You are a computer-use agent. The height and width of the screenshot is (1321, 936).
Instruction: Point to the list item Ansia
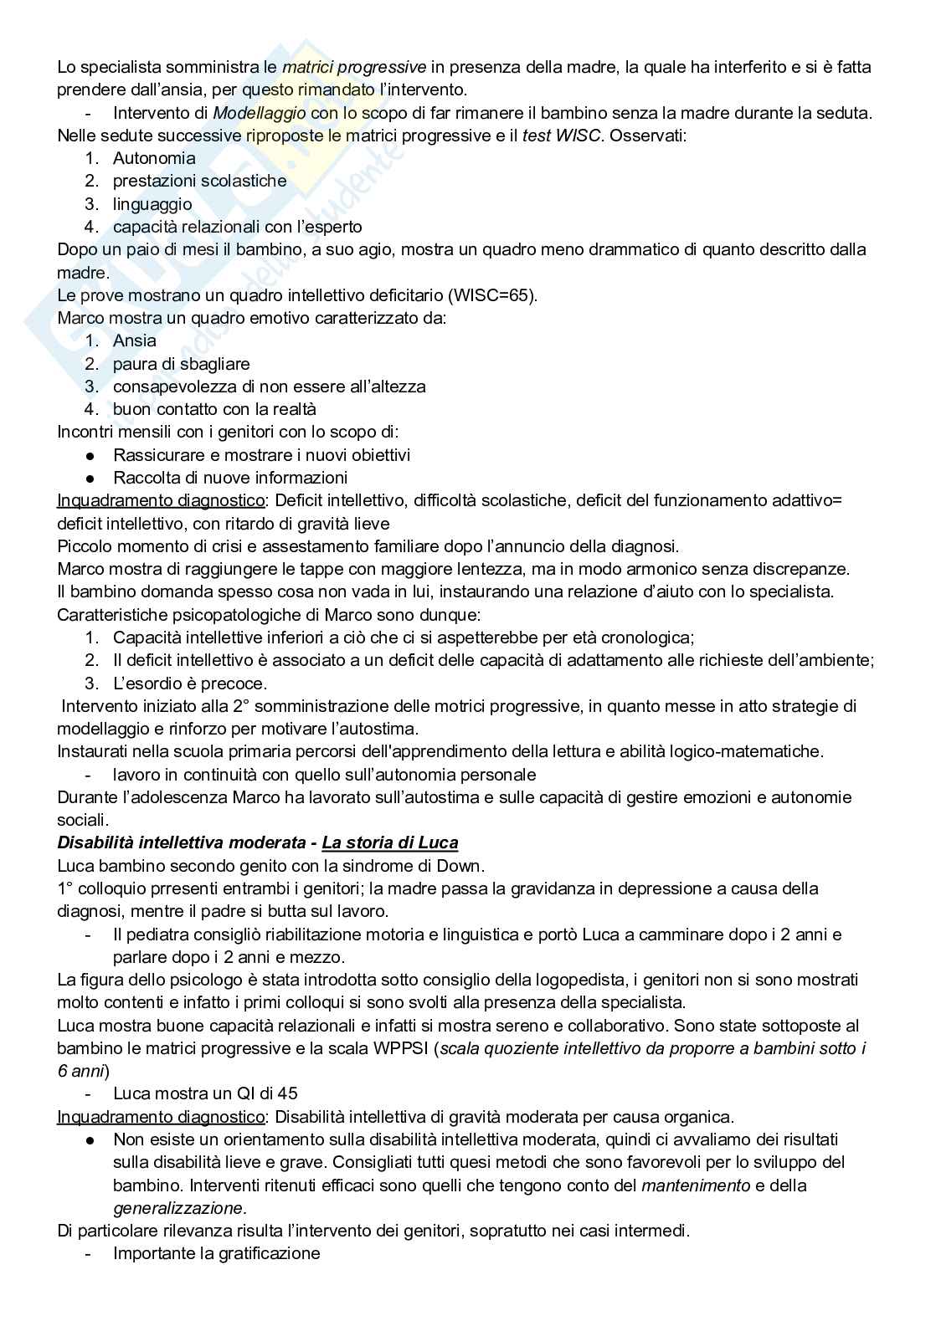pos(134,340)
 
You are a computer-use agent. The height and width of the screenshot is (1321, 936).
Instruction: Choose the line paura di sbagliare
pos(181,364)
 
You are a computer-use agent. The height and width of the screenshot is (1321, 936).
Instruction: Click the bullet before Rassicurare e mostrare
pos(90,455)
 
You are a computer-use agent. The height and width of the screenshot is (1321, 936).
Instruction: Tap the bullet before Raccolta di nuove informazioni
pos(90,478)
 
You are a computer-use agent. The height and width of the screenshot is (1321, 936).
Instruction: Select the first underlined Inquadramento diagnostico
pos(160,500)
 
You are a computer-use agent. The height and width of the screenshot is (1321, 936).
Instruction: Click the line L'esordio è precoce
pos(190,683)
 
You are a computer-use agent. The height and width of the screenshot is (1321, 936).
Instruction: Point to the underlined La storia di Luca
pos(390,842)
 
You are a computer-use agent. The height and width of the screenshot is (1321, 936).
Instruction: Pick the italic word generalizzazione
pos(178,1208)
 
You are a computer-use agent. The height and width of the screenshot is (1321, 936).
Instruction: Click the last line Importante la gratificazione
pos(216,1253)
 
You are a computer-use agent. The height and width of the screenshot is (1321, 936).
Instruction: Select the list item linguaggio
pos(152,204)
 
